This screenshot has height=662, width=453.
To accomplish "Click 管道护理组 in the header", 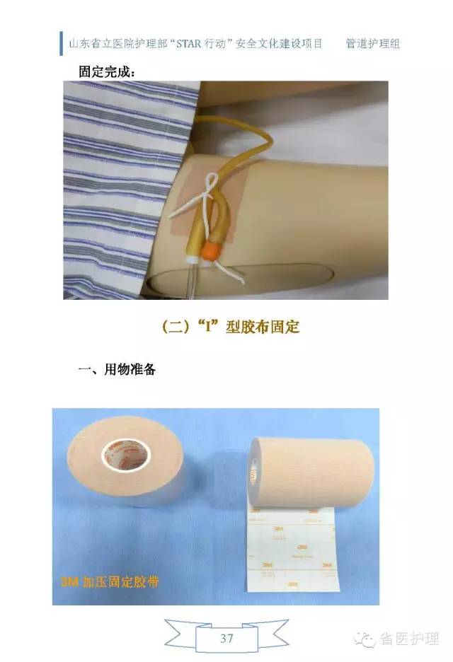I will pyautogui.click(x=373, y=43).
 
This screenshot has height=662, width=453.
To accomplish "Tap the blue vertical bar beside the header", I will pyautogui.click(x=62, y=43).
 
